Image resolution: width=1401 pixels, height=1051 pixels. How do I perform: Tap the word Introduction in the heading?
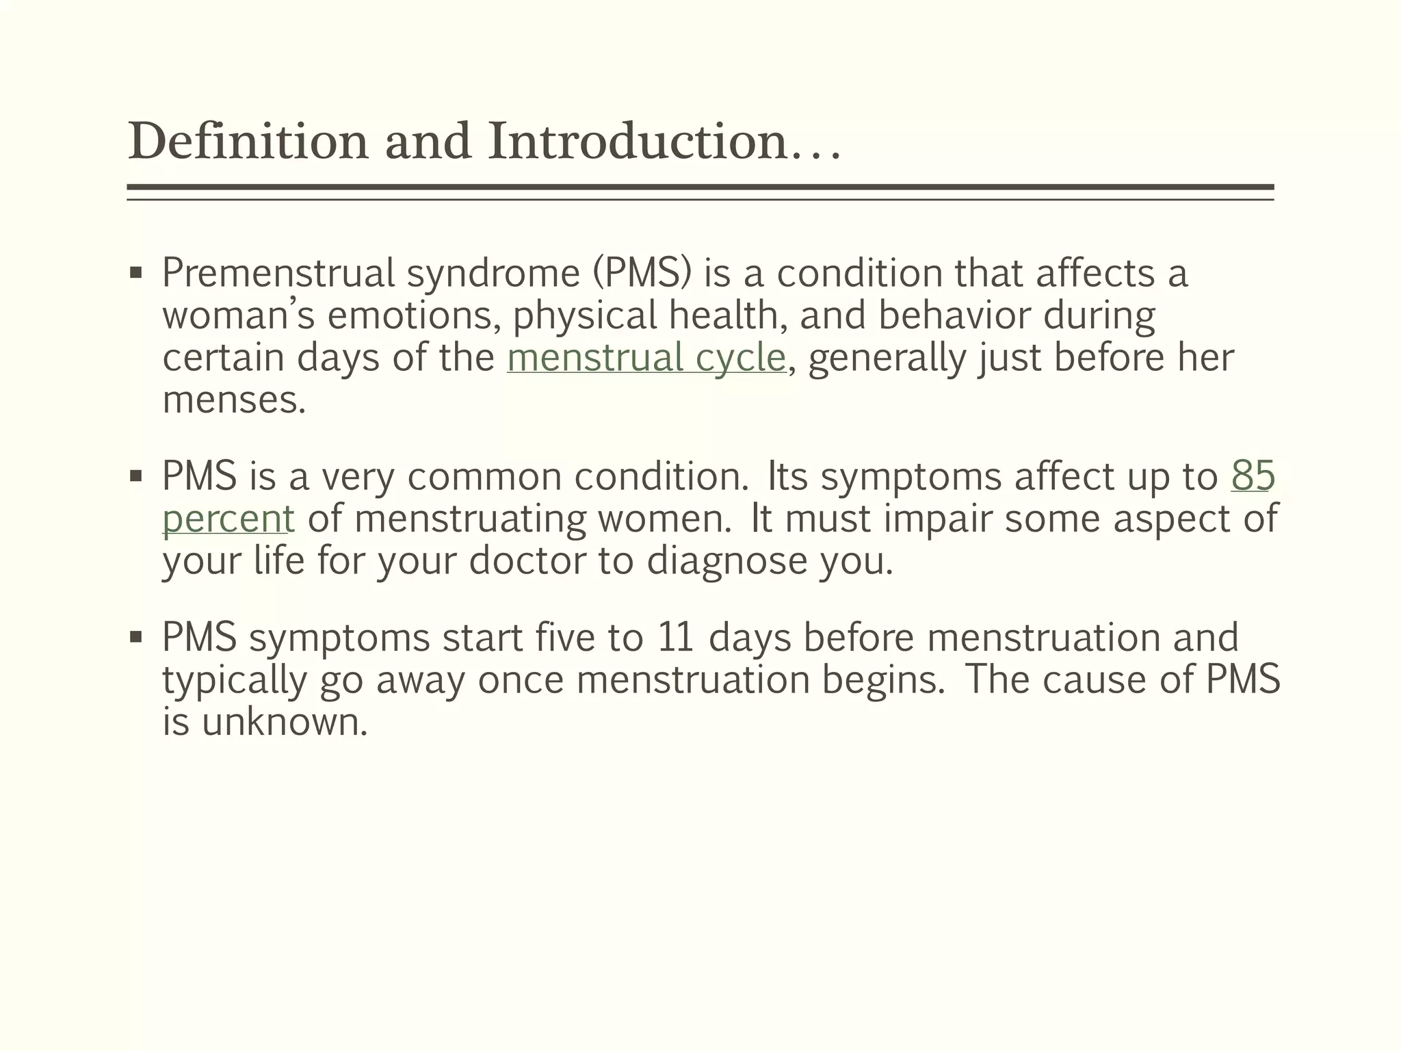[637, 142]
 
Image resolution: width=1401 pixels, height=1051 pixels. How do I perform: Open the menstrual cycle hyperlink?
[646, 358]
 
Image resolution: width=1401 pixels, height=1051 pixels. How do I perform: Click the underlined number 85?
[1253, 476]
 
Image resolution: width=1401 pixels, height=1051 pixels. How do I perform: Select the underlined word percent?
[228, 519]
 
